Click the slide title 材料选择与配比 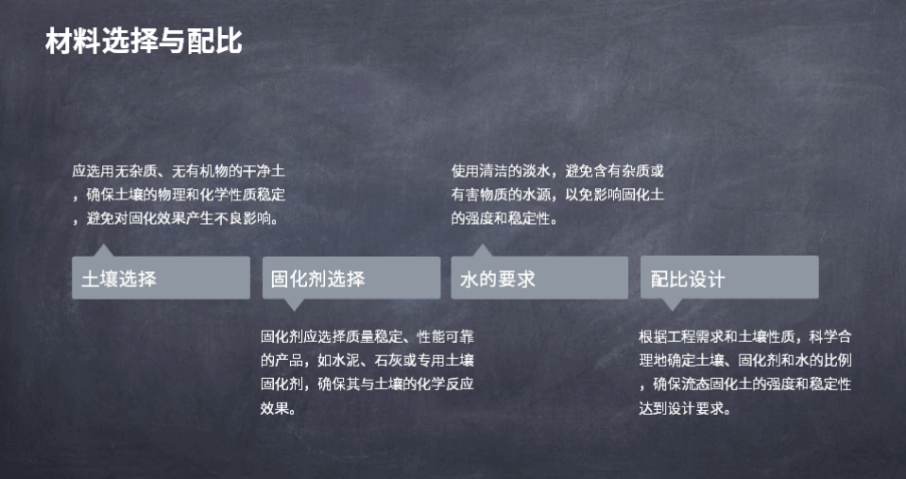tap(144, 42)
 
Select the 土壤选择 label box tap(162, 278)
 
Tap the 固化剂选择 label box tap(351, 278)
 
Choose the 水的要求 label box tap(539, 278)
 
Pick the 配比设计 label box tap(729, 278)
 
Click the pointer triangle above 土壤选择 tap(103, 250)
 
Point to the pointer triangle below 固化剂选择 tap(294, 304)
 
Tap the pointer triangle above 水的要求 tap(482, 250)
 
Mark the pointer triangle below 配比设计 tap(672, 304)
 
